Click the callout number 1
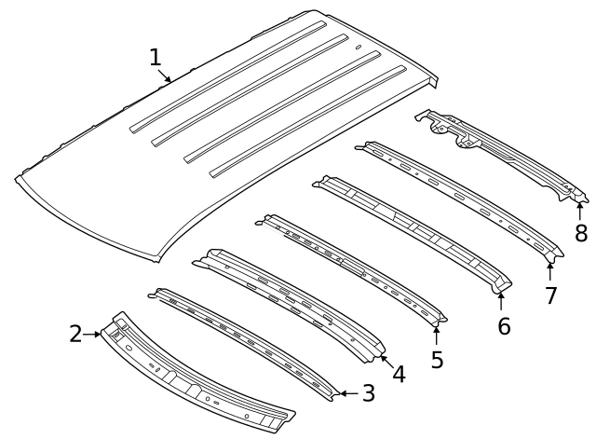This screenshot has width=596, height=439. [x=156, y=58]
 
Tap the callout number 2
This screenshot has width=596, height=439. [x=75, y=334]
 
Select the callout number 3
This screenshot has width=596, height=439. [x=369, y=393]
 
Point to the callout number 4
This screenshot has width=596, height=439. [x=399, y=374]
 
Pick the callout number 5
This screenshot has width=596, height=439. [x=437, y=360]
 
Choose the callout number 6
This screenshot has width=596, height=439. [x=504, y=326]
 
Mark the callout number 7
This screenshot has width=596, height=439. [x=550, y=295]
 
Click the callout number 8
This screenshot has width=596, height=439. [x=581, y=234]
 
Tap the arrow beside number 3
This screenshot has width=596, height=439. [x=345, y=393]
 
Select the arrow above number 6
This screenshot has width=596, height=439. [x=501, y=302]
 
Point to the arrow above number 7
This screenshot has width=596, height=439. [x=549, y=271]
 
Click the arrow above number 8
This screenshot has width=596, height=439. [x=580, y=209]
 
